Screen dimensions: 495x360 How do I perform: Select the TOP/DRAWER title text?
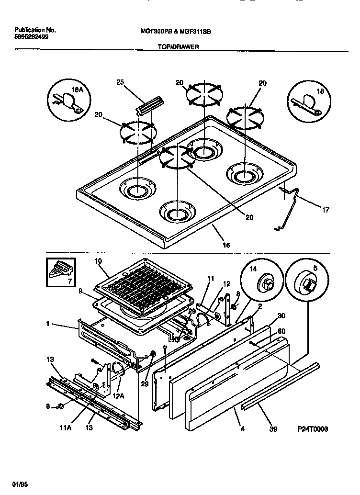178,47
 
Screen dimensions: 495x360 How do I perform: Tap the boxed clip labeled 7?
60,272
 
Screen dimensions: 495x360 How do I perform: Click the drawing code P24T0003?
314,429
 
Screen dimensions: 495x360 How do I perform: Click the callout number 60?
281,331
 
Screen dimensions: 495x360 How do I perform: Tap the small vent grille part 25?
150,103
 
